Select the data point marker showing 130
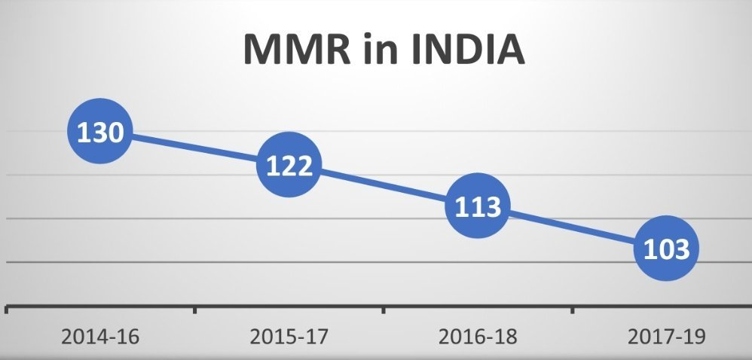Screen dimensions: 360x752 (x=100, y=133)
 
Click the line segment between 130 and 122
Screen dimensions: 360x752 (x=194, y=149)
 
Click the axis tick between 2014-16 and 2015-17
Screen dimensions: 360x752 (x=195, y=309)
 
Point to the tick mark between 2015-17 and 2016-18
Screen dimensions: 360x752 (x=384, y=309)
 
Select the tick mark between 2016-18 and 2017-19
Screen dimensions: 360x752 (x=572, y=309)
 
